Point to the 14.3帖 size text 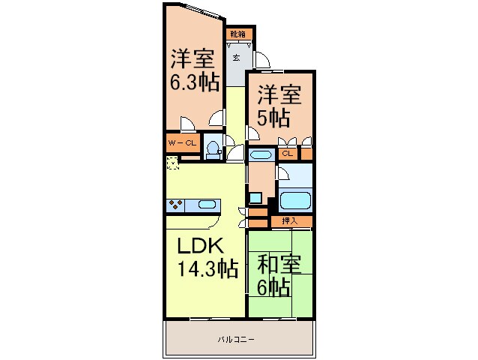point(208,268)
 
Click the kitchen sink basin point(207,204)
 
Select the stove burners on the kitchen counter point(178,204)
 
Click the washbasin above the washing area point(260,156)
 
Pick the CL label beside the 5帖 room point(287,154)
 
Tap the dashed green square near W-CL point(172,162)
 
